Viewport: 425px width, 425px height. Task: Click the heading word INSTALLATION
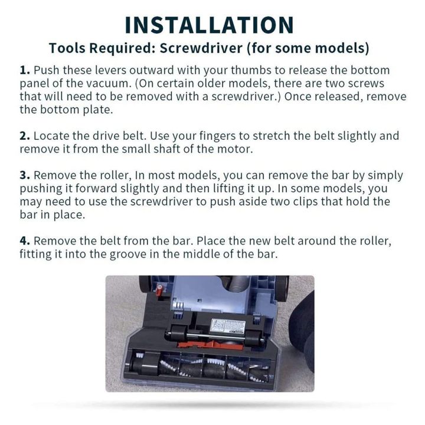(210, 24)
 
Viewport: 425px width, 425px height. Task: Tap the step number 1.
(25, 70)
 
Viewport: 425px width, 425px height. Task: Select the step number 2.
(25, 136)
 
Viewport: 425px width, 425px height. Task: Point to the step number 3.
(25, 175)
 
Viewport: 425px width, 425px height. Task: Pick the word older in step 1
(146, 83)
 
